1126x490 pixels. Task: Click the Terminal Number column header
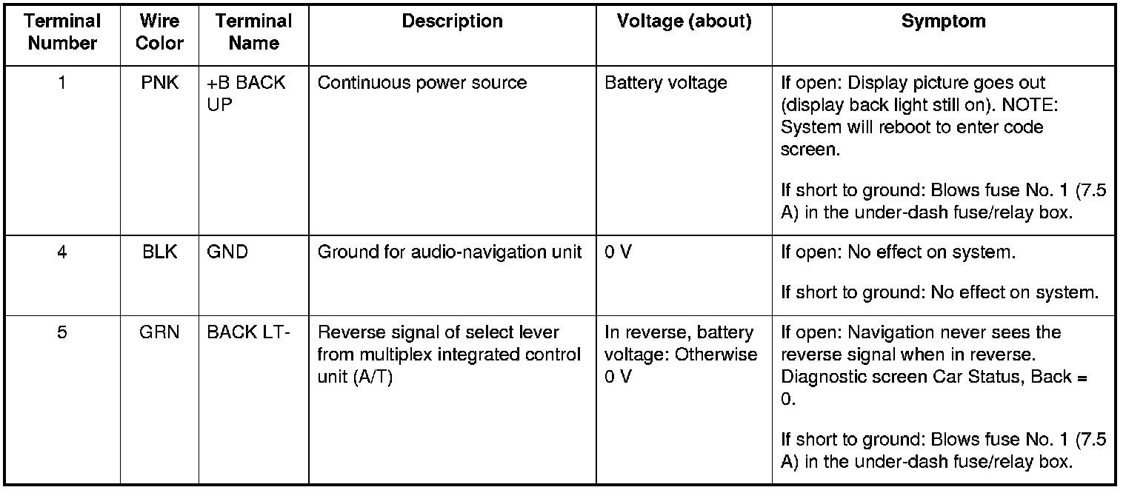click(x=63, y=33)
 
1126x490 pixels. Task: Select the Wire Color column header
click(x=159, y=33)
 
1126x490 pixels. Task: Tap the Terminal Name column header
click(x=253, y=33)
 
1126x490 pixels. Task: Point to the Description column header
click(x=452, y=22)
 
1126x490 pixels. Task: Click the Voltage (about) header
click(x=684, y=22)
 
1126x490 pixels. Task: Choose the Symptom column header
click(x=943, y=22)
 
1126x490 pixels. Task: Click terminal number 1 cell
click(x=62, y=83)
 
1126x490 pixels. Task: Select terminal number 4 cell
click(x=62, y=252)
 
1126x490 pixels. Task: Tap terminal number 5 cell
click(x=62, y=332)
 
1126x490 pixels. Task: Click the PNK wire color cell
click(x=159, y=83)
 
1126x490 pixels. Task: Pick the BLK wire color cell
click(x=159, y=252)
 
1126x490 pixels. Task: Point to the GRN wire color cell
click(x=159, y=332)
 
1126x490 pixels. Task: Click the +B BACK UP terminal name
click(x=245, y=93)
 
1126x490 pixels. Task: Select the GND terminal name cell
click(x=227, y=252)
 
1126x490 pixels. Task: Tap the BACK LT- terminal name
click(x=248, y=332)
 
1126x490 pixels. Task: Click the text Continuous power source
click(x=422, y=83)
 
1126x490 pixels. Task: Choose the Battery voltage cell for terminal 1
click(x=665, y=83)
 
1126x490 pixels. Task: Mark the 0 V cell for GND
click(x=618, y=252)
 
